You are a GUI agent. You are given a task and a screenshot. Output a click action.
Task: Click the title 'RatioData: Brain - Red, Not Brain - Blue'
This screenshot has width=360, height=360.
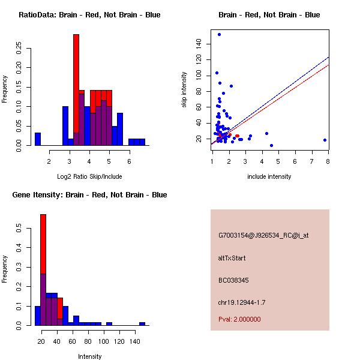[x=89, y=15]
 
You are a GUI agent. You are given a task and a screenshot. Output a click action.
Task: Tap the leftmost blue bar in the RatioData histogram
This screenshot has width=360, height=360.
[x=38, y=139]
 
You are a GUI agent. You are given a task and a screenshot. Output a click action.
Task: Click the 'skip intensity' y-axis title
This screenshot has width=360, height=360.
[x=185, y=90]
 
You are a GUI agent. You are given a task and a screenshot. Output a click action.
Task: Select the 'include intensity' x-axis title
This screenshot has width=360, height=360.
[x=269, y=177]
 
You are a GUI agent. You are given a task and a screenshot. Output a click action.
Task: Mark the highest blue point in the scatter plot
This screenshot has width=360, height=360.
[x=219, y=34]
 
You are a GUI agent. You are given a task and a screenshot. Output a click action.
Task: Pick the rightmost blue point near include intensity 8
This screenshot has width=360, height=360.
[x=325, y=140]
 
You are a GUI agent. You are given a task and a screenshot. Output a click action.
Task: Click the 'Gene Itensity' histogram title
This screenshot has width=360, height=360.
[x=89, y=195]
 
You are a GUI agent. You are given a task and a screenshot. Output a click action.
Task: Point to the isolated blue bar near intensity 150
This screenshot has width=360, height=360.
[x=142, y=323]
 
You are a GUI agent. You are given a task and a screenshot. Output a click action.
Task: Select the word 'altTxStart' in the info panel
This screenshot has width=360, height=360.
[x=232, y=259]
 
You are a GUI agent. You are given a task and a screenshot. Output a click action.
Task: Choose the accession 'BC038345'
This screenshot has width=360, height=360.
[x=233, y=280]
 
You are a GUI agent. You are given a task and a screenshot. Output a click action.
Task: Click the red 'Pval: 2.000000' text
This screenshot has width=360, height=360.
[x=239, y=319]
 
